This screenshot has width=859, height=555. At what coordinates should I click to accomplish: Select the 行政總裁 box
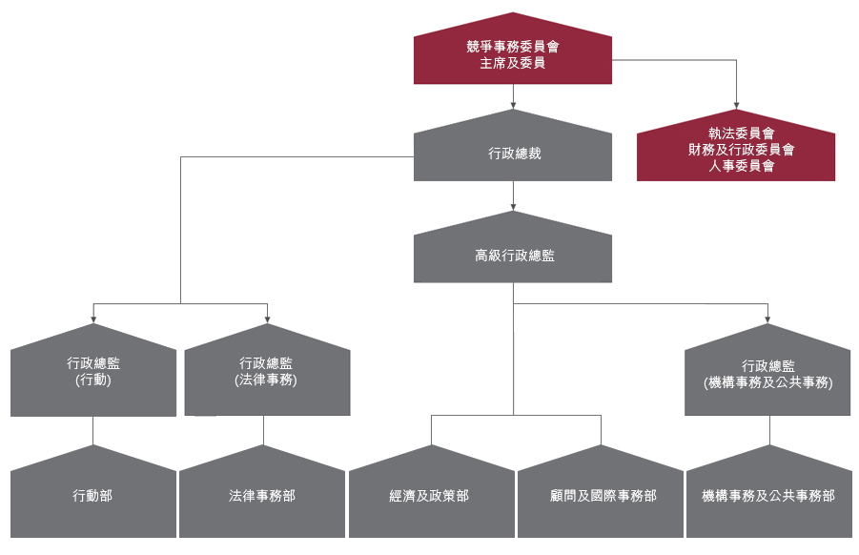(x=513, y=153)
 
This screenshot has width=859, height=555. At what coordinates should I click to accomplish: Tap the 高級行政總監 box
(x=513, y=256)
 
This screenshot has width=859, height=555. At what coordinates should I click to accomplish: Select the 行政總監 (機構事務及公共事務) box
(x=767, y=374)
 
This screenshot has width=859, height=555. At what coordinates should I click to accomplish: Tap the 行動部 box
(x=93, y=496)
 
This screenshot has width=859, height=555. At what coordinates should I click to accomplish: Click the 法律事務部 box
(x=262, y=496)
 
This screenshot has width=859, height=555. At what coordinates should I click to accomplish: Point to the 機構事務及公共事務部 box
(x=768, y=496)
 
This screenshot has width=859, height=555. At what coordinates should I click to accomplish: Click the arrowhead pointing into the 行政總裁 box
(x=513, y=104)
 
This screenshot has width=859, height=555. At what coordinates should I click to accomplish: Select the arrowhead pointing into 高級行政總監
(x=513, y=206)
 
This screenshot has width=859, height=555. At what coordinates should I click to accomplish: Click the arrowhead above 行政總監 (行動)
(x=93, y=319)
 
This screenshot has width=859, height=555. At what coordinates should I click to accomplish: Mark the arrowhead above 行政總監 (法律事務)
(x=267, y=319)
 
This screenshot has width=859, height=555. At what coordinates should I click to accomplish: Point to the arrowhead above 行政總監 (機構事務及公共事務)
(x=767, y=319)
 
